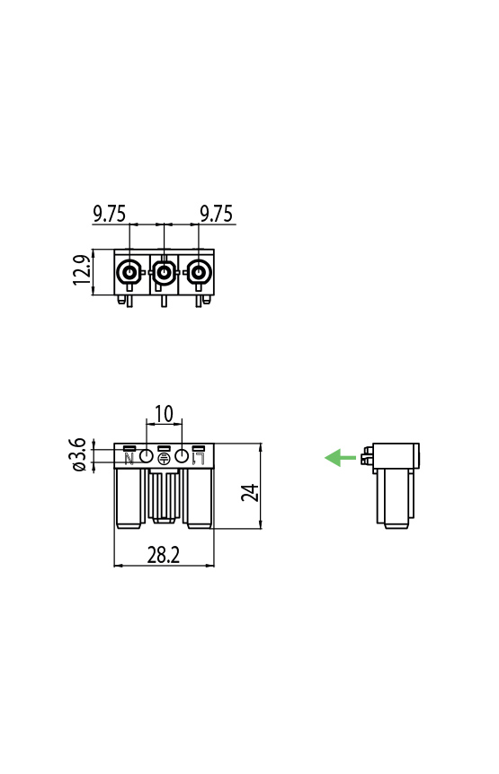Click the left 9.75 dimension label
pyautogui.click(x=110, y=214)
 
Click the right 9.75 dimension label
pyautogui.click(x=216, y=214)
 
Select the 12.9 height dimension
pyautogui.click(x=82, y=272)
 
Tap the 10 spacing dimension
pyautogui.click(x=164, y=414)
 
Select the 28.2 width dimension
pyautogui.click(x=163, y=556)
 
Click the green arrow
pyautogui.click(x=340, y=458)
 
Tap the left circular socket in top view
pyautogui.click(x=129, y=271)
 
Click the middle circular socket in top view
pyautogui.click(x=163, y=271)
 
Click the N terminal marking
pyautogui.click(x=129, y=459)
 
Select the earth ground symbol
pyautogui.click(x=164, y=459)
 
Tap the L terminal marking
pyautogui.click(x=199, y=459)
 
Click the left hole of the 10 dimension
pyautogui.click(x=146, y=457)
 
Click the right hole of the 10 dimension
pyautogui.click(x=182, y=457)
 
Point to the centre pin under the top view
pyautogui.click(x=163, y=300)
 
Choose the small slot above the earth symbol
pyautogui.click(x=164, y=448)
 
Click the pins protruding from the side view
pyautogui.click(x=366, y=459)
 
